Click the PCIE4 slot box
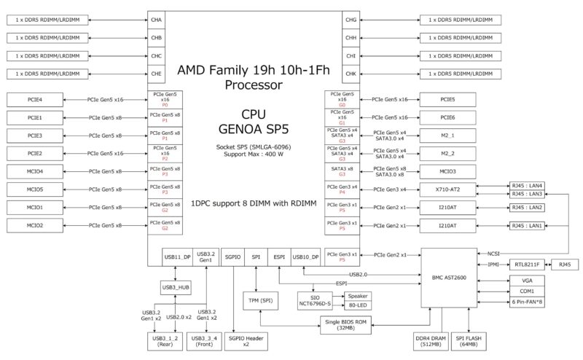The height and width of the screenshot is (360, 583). click(x=35, y=99)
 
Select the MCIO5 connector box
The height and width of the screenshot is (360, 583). click(x=35, y=189)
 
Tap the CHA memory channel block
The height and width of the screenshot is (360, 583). click(x=157, y=20)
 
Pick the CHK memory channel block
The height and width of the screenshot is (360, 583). click(x=351, y=74)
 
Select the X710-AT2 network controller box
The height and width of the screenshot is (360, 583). click(x=448, y=189)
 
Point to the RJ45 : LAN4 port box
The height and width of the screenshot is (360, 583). click(x=528, y=185)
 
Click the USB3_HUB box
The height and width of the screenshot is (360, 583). click(x=176, y=288)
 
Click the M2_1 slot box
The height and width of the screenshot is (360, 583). click(x=448, y=135)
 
